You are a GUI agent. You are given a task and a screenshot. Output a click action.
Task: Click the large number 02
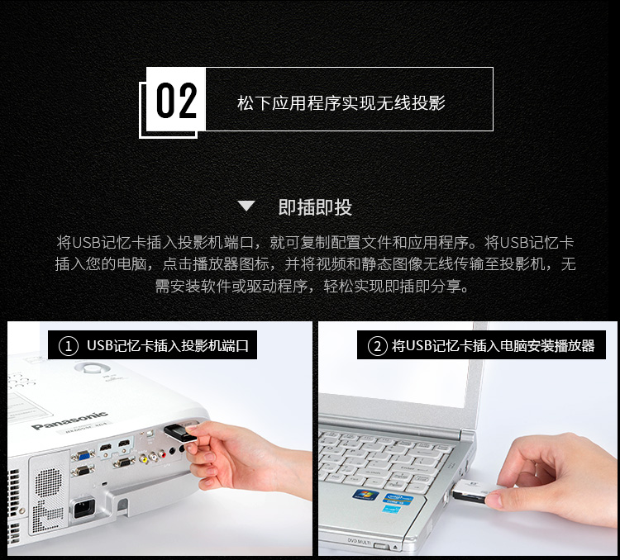pyautogui.click(x=177, y=101)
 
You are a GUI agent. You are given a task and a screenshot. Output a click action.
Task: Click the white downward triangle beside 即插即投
pyautogui.click(x=246, y=206)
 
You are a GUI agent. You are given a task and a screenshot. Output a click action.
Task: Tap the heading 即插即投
pyautogui.click(x=315, y=206)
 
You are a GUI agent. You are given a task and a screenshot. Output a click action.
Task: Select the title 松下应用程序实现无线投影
pyautogui.click(x=341, y=102)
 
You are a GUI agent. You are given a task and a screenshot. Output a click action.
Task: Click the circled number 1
pyautogui.click(x=69, y=346)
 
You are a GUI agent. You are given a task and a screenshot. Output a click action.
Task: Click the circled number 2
pyautogui.click(x=378, y=346)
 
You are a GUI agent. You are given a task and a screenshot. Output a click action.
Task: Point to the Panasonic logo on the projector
pyautogui.click(x=69, y=420)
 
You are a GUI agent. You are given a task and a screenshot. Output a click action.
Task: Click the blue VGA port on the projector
pyautogui.click(x=82, y=455)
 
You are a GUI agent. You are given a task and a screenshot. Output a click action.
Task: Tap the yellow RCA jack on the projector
pyautogui.click(x=144, y=459)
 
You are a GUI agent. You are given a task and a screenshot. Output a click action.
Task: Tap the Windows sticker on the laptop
pyautogui.click(x=365, y=495)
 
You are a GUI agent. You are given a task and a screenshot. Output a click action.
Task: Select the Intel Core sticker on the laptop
pyautogui.click(x=398, y=499)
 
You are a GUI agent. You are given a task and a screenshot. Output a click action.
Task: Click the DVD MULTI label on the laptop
pyautogui.click(x=359, y=541)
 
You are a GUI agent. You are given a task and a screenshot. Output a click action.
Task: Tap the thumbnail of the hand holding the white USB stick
pyautogui.click(x=467, y=439)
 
